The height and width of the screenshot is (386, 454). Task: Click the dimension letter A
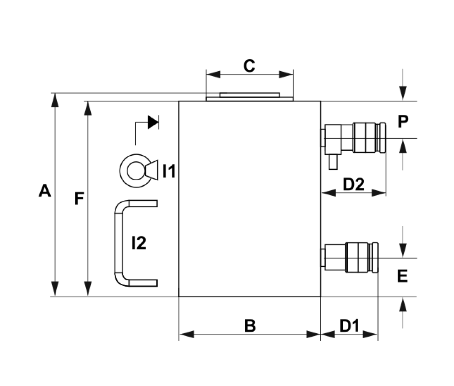[45, 191]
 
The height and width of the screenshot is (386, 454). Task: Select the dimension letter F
[79, 198]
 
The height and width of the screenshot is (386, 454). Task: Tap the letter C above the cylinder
[249, 66]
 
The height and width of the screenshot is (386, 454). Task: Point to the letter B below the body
[250, 326]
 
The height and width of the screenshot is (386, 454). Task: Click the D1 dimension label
[349, 326]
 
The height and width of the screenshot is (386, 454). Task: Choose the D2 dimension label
[354, 184]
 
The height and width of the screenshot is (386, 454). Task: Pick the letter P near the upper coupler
[403, 121]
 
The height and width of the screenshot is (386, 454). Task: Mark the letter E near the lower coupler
[403, 276]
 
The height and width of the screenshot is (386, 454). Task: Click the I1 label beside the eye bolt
[169, 171]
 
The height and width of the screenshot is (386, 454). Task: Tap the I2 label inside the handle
[139, 243]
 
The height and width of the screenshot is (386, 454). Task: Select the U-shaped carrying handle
[118, 243]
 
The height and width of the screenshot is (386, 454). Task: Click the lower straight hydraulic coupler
[350, 258]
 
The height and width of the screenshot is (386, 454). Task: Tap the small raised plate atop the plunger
[250, 95]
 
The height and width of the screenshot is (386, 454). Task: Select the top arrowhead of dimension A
[55, 100]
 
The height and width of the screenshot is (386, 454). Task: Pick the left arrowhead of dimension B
[187, 334]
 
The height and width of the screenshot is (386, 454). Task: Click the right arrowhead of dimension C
[286, 75]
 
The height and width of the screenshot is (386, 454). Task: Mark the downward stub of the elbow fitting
[333, 162]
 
